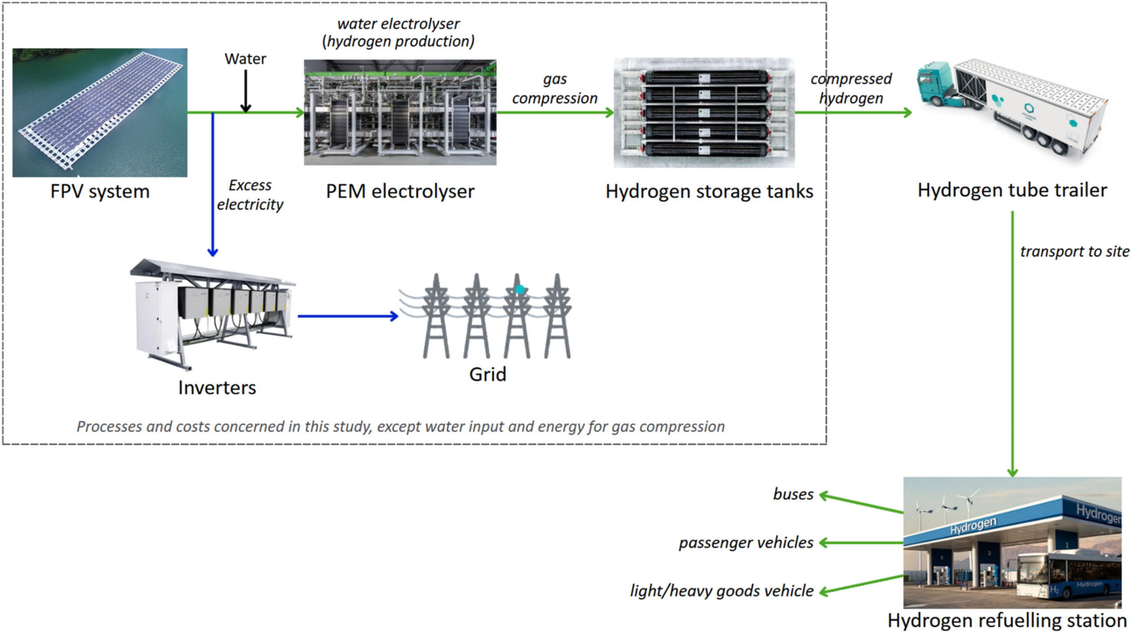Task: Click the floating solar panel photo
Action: point(99,112)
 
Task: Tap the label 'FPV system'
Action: point(100,192)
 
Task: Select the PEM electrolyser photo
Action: point(400,112)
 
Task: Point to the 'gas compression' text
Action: point(555,88)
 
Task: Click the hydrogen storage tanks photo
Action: point(704,112)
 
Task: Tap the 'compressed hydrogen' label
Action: point(851,88)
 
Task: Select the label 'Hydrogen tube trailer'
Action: point(1012,190)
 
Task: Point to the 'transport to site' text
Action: point(1075,251)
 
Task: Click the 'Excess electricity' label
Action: point(250,195)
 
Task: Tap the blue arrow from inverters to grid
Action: point(348,316)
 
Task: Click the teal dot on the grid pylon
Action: point(520,289)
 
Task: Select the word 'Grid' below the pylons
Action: point(487,375)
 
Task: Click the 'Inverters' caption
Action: point(217,388)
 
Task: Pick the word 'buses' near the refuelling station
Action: point(793,494)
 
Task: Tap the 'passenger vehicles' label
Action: point(746,542)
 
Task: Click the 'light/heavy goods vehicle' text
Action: point(722,591)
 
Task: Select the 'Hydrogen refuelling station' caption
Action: point(1007,621)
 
